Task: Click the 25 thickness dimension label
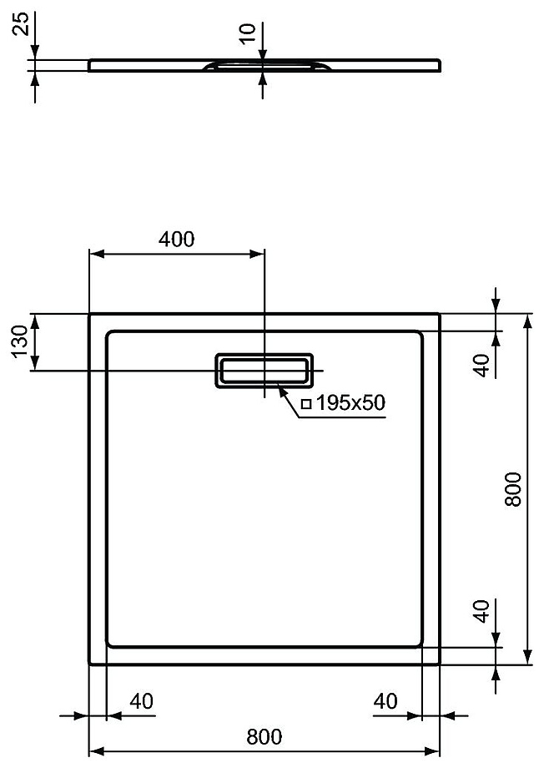(21, 24)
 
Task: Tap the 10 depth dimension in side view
(249, 33)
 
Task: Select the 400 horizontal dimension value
(176, 239)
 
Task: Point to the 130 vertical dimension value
(21, 341)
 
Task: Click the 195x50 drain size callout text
(350, 402)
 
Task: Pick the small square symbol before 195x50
(306, 404)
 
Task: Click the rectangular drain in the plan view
(264, 371)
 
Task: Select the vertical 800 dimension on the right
(514, 489)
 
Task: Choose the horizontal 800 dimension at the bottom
(264, 736)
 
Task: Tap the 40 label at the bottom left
(142, 701)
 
